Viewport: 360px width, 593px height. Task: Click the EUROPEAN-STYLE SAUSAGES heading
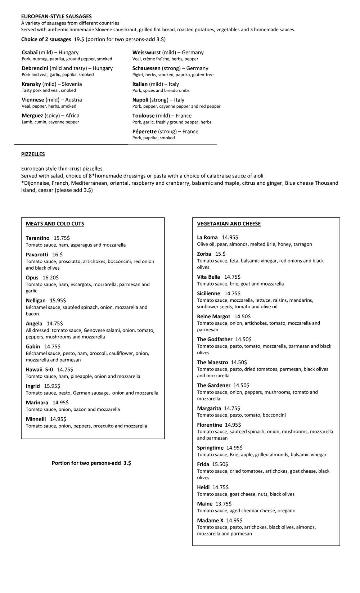tap(56, 16)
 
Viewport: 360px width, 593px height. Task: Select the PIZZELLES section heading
tap(33, 154)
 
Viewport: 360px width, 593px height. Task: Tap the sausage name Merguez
tap(32, 116)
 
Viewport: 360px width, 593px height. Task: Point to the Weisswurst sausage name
tap(147, 53)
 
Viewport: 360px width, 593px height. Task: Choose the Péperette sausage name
tap(144, 131)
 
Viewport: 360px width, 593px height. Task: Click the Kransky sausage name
tap(31, 84)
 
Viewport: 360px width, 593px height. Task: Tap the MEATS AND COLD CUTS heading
tap(55, 224)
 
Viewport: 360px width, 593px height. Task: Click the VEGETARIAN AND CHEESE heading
tap(229, 224)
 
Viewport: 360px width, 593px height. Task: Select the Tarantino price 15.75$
tap(62, 238)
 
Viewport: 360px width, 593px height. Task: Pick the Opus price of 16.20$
tap(50, 278)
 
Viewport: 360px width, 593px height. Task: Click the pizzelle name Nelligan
tap(36, 300)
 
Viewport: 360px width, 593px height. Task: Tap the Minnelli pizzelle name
tap(36, 419)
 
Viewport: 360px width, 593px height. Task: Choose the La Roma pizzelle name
tap(207, 237)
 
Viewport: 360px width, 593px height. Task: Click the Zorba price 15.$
tap(220, 254)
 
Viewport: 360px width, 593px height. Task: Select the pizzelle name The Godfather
tap(215, 339)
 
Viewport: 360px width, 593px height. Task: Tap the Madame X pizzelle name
tap(210, 520)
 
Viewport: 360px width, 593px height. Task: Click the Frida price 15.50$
tap(220, 464)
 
